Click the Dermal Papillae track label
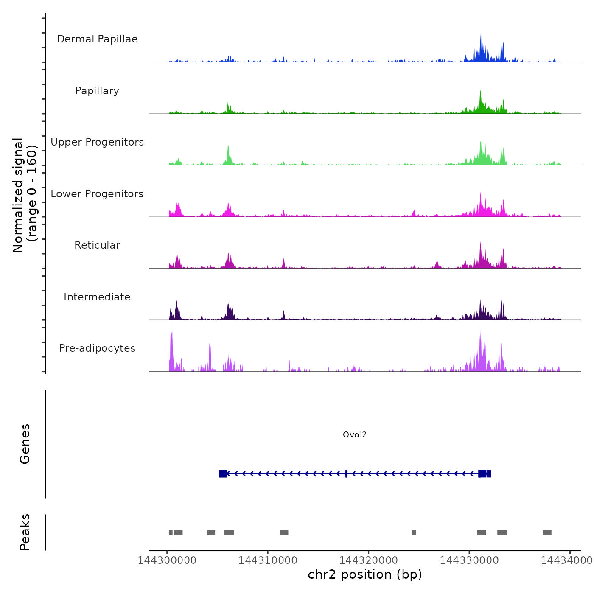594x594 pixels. pyautogui.click(x=97, y=39)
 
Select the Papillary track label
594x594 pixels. pyautogui.click(x=97, y=91)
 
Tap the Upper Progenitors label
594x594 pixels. pyautogui.click(x=97, y=142)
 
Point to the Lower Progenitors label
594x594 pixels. pyautogui.click(x=97, y=194)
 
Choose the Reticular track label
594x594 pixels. pyautogui.click(x=97, y=245)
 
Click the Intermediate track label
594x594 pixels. pyautogui.click(x=97, y=297)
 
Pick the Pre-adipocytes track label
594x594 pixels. pyautogui.click(x=97, y=348)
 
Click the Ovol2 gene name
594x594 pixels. pyautogui.click(x=355, y=435)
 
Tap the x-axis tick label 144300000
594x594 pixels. pyautogui.click(x=167, y=560)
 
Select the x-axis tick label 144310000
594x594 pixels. pyautogui.click(x=268, y=560)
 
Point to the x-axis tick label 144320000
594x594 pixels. pyautogui.click(x=369, y=560)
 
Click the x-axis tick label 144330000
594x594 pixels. pyautogui.click(x=469, y=560)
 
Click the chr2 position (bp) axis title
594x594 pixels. pyautogui.click(x=365, y=574)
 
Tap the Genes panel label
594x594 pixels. pyautogui.click(x=25, y=444)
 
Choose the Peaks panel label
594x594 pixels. pyautogui.click(x=25, y=532)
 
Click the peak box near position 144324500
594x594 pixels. pyautogui.click(x=414, y=532)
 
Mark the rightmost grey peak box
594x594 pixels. pyautogui.click(x=547, y=532)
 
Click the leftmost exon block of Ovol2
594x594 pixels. pyautogui.click(x=223, y=474)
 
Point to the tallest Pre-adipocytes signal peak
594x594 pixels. pyautogui.click(x=171, y=329)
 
